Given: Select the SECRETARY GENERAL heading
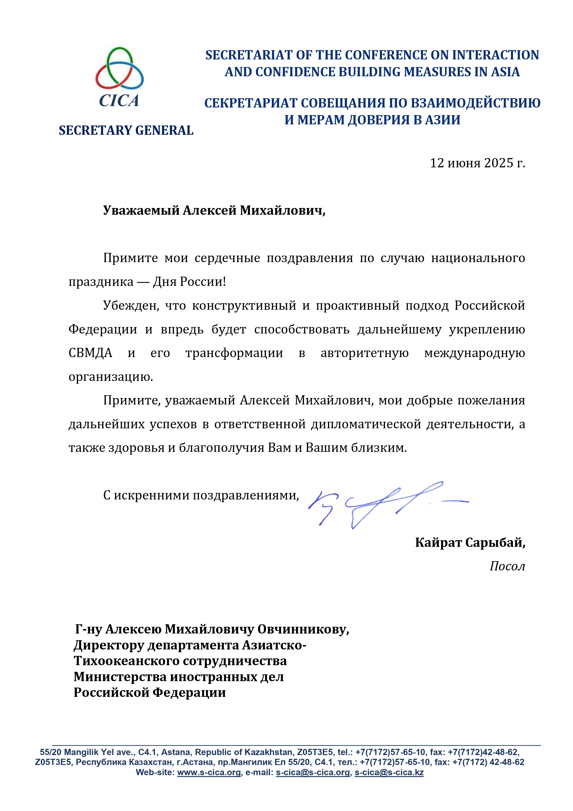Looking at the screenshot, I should click(126, 130).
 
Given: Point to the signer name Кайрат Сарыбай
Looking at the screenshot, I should click(470, 542).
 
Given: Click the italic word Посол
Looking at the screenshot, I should click(507, 566).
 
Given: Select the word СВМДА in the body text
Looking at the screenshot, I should click(90, 353).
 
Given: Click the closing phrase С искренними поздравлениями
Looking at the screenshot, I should click(201, 495).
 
